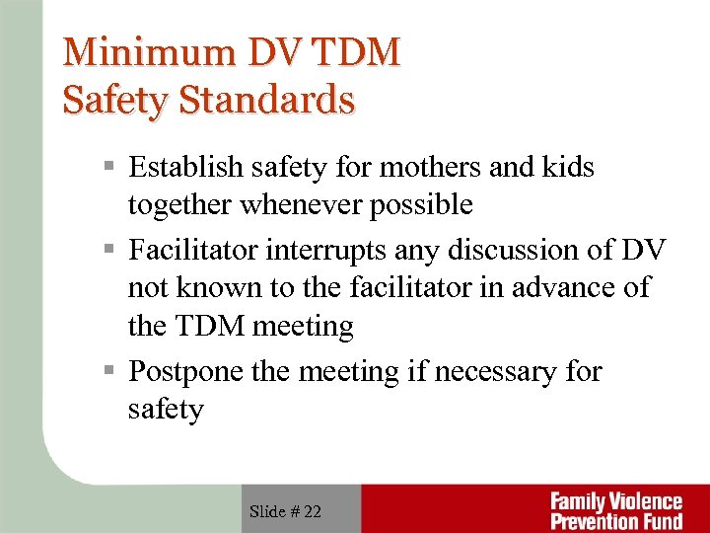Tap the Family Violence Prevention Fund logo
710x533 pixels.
coord(615,510)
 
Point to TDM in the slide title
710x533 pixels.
coord(347,52)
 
